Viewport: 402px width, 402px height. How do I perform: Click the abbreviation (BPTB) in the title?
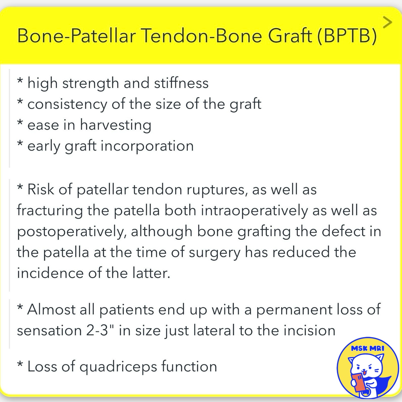pos(347,36)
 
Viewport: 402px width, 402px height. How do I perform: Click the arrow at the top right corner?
pos(387,22)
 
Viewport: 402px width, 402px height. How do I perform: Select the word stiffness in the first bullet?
pos(181,83)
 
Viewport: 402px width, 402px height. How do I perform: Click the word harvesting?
pos(116,125)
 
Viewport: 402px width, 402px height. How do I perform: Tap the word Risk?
pos(40,189)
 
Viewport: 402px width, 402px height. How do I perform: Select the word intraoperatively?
pos(254,211)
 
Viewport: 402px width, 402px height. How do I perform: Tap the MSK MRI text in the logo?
pos(368,349)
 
